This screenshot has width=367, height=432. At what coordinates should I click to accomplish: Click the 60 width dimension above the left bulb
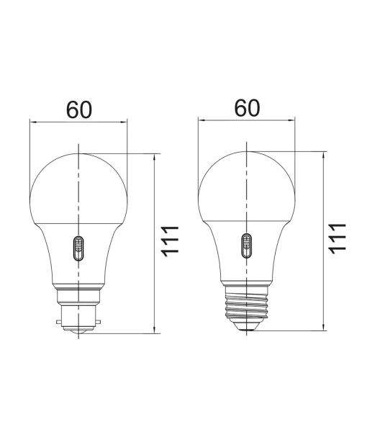79,109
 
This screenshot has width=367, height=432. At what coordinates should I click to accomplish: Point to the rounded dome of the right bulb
246,180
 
